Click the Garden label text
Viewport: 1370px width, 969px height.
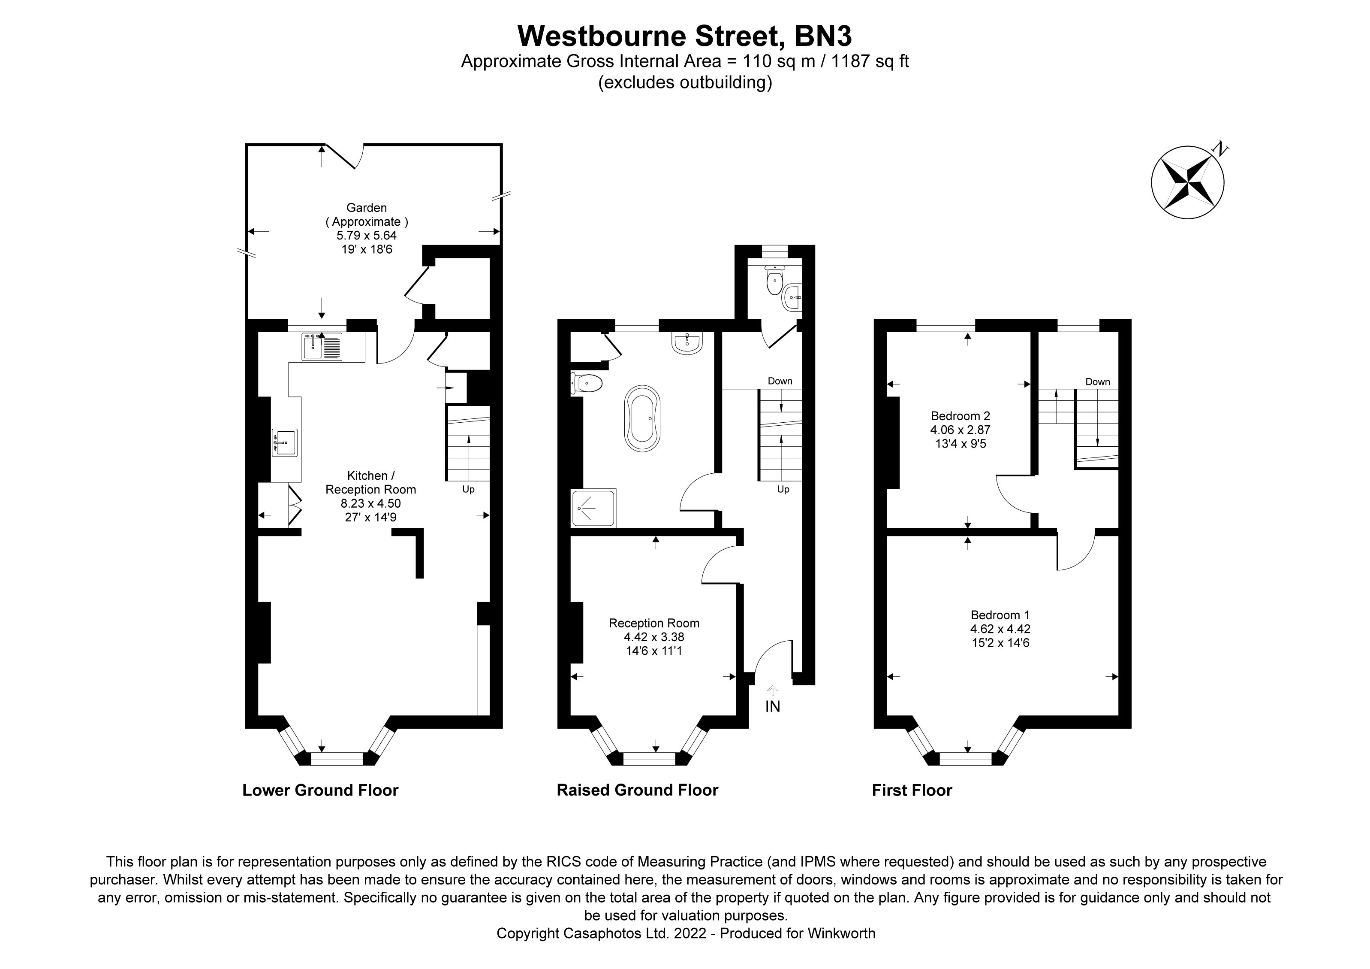tap(366, 208)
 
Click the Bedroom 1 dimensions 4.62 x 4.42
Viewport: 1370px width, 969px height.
tap(1000, 629)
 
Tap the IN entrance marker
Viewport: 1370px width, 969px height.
tap(773, 706)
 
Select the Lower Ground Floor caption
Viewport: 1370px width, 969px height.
tap(320, 790)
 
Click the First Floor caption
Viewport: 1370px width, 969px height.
tap(912, 790)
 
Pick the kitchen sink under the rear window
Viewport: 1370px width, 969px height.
tap(323, 347)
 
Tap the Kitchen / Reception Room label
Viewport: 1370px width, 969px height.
tap(370, 482)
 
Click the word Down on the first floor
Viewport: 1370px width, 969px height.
tap(1097, 382)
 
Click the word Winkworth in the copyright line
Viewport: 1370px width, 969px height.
tap(841, 933)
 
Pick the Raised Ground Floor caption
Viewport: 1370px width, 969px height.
tap(637, 790)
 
